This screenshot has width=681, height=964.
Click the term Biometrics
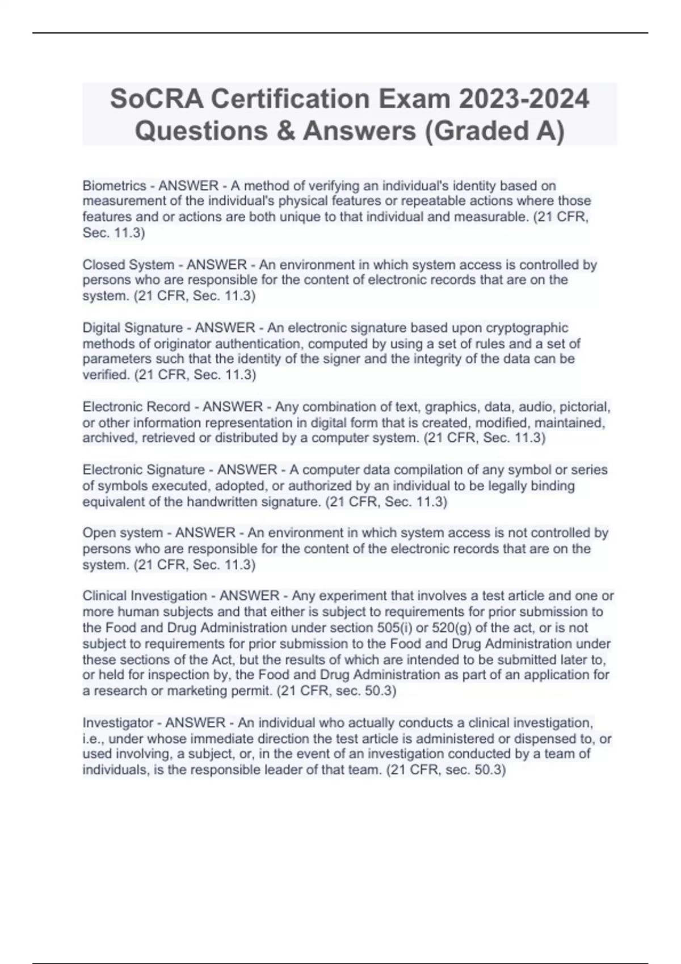114,185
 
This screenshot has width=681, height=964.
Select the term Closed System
128,264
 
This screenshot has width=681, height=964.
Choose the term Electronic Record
136,407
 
